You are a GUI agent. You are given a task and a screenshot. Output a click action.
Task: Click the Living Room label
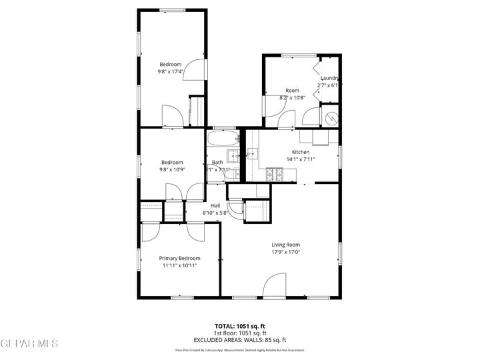285,245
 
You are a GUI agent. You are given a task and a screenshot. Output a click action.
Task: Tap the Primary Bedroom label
179,258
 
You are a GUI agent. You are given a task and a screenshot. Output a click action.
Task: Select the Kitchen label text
301,152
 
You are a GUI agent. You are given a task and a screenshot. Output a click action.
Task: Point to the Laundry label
330,78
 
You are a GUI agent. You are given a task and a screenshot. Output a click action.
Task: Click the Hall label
215,205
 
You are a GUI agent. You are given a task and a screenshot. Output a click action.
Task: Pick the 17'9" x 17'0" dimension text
285,252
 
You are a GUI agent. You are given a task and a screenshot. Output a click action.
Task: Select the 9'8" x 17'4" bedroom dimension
170,71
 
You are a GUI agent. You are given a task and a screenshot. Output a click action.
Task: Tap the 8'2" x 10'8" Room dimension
292,98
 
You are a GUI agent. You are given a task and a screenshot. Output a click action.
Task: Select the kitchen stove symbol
274,176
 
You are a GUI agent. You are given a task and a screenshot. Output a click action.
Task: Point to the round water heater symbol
331,118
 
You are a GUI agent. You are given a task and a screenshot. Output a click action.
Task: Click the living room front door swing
273,287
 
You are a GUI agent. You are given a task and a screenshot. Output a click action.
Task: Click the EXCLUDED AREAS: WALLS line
239,340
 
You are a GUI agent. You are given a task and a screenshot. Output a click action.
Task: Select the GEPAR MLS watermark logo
29,343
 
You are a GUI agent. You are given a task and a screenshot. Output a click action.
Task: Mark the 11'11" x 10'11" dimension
179,265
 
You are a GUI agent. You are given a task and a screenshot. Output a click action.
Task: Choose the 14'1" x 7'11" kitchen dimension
301,159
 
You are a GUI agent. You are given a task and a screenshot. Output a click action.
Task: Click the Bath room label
218,163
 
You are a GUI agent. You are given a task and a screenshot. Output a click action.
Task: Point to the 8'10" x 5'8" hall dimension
215,213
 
